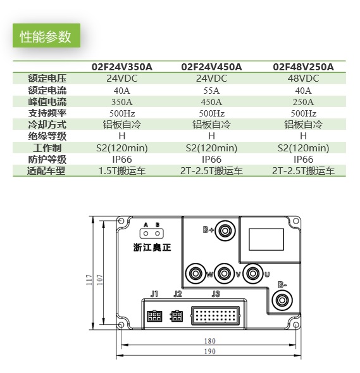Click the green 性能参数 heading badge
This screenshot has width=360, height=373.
46,35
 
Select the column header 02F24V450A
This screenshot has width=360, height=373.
211,67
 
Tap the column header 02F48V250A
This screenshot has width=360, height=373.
303,67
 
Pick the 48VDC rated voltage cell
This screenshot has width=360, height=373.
303,79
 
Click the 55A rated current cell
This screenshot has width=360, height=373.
211,91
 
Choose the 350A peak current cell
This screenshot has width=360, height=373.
122,102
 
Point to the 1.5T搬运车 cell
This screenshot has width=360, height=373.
122,171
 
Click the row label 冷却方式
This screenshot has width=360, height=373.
47,125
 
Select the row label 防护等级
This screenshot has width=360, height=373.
47,160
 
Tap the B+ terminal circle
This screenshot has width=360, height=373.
225,231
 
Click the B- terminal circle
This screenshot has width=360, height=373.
282,300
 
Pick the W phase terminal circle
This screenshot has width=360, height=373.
196,274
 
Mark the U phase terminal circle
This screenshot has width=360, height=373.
252,274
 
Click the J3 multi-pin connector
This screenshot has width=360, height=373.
215,315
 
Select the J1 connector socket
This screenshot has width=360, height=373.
154,316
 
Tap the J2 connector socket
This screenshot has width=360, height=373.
177,316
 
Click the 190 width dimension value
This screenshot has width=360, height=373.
210,351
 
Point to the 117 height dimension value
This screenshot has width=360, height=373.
89,280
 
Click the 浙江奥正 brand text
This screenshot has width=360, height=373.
152,248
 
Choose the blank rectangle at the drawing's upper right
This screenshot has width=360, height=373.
266,239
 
